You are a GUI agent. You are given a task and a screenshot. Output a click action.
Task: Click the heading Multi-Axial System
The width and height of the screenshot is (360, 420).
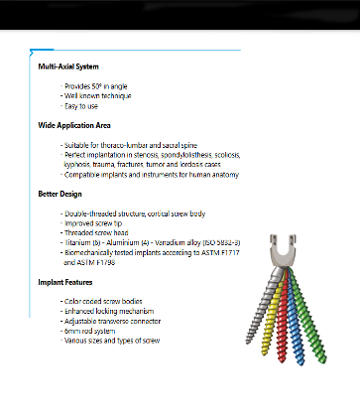tap(68, 67)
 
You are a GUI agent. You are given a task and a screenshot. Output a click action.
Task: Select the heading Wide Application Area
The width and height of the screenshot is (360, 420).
tap(74, 125)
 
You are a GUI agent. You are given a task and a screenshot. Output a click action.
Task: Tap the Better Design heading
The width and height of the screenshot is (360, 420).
tap(61, 193)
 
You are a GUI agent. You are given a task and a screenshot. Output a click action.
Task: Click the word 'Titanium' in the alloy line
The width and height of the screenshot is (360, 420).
tap(79, 243)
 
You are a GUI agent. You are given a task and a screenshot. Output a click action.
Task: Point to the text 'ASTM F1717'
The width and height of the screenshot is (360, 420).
tap(209, 253)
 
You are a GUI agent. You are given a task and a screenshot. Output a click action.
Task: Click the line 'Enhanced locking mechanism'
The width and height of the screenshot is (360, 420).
tap(110, 312)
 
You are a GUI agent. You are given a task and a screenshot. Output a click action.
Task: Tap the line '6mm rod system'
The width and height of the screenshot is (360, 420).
tap(91, 332)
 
